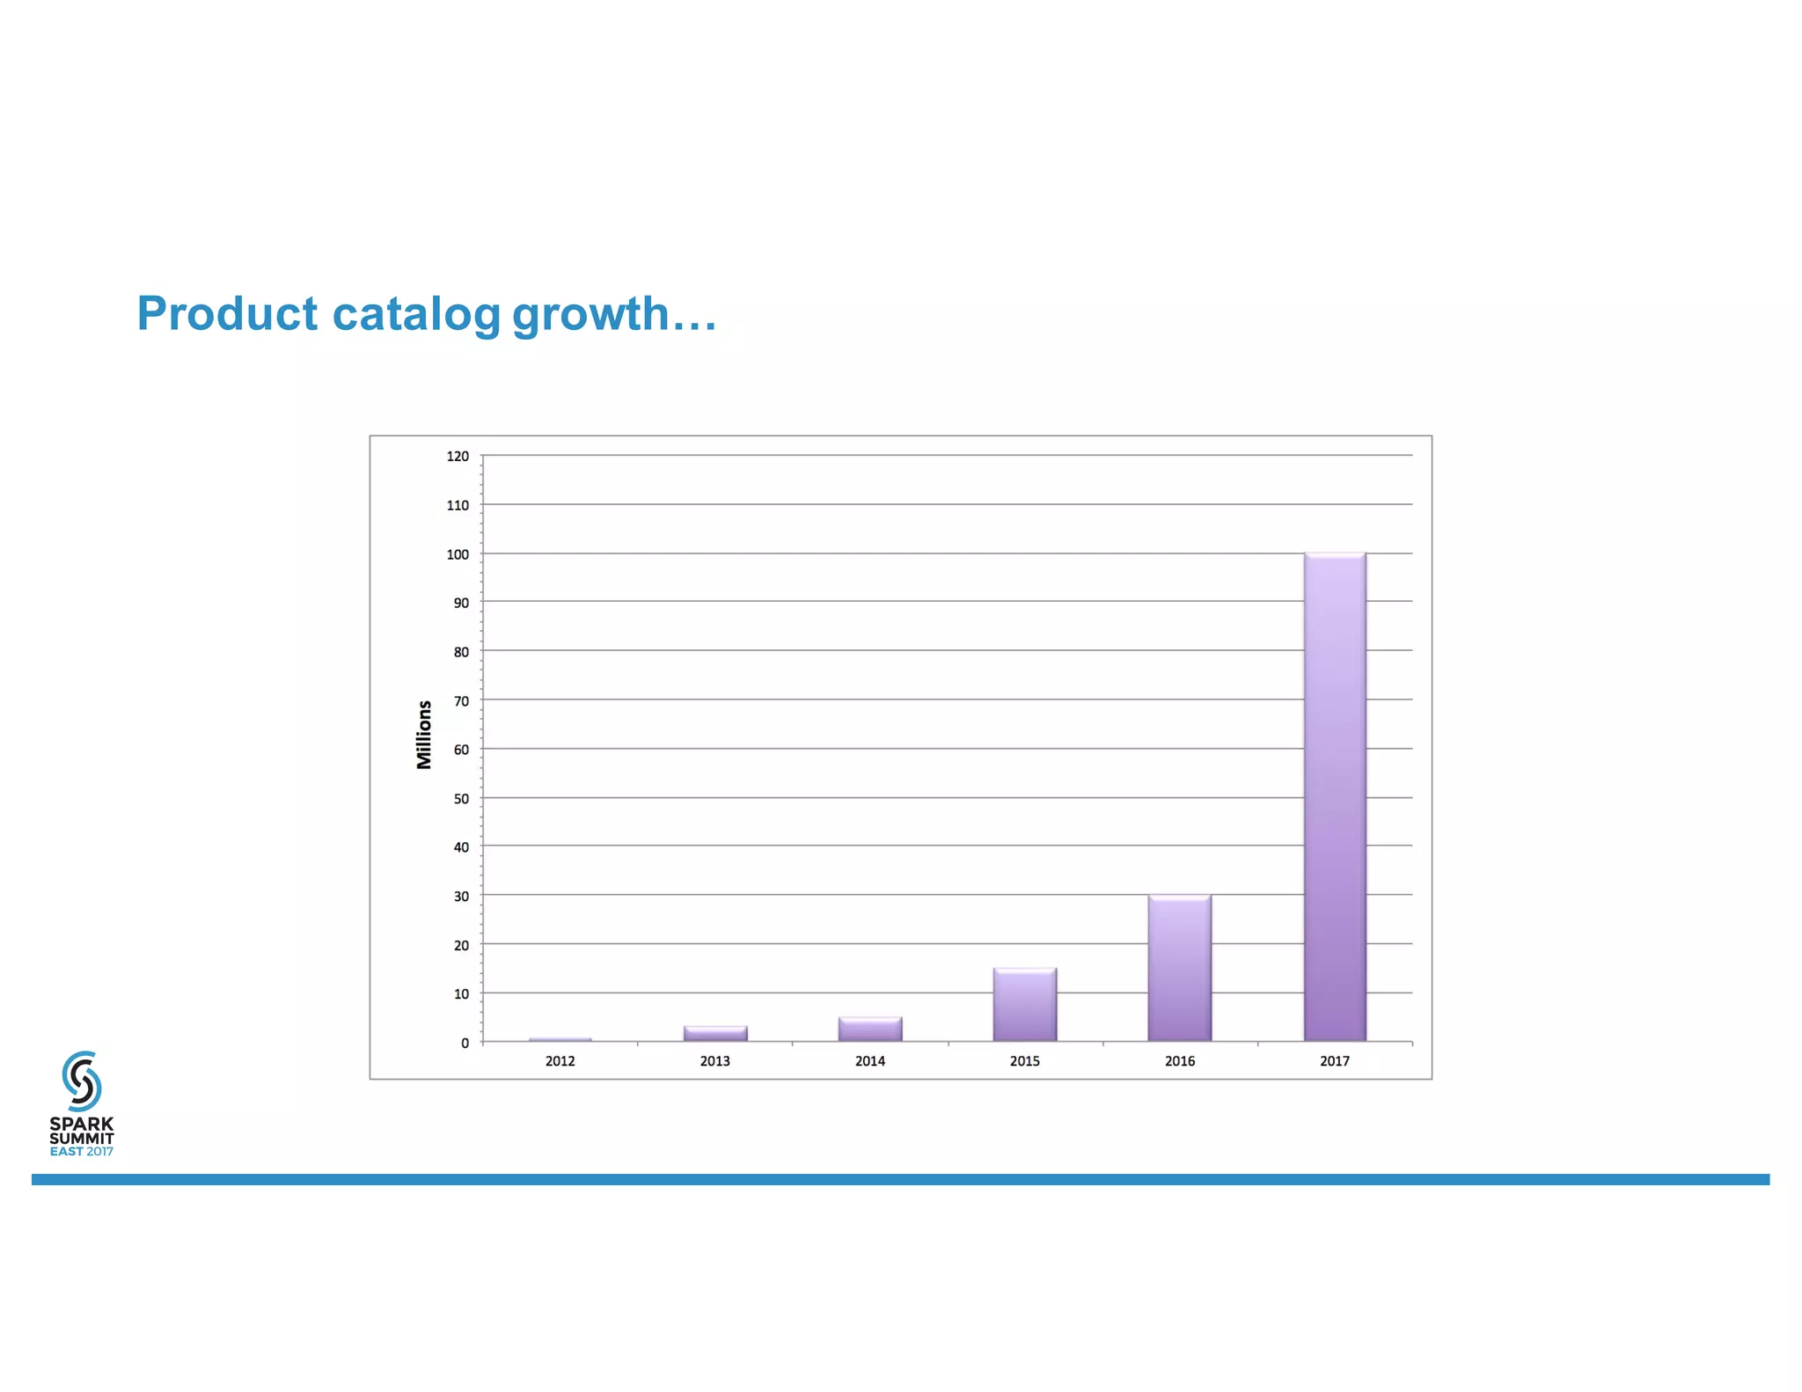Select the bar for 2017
click(1335, 796)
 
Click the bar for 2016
click(1179, 968)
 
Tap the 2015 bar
click(1024, 1005)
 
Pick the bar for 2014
click(869, 1029)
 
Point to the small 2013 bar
click(714, 1034)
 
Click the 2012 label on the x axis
click(560, 1061)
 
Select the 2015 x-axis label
click(1024, 1061)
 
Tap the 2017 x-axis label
click(1334, 1061)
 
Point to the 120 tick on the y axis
click(458, 457)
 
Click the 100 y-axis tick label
click(458, 554)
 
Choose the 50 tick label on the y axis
click(461, 799)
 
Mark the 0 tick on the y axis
click(465, 1044)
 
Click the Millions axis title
click(424, 735)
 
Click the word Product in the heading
click(227, 313)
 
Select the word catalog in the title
click(415, 315)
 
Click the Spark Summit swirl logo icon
click(82, 1081)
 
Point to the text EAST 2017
click(82, 1152)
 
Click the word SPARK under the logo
click(82, 1124)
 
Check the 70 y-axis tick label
click(461, 701)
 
